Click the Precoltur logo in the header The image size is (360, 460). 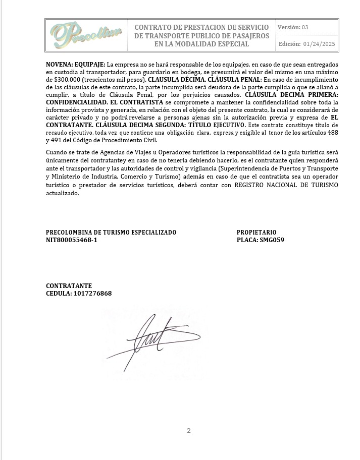click(x=86, y=35)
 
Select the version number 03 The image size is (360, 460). click(x=305, y=27)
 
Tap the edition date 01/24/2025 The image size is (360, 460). click(x=320, y=44)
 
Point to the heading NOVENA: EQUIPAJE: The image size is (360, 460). click(x=76, y=65)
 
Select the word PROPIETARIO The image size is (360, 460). click(x=257, y=233)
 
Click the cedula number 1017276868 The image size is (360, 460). click(x=92, y=294)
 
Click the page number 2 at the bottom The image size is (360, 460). click(x=189, y=430)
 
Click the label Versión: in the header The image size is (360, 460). click(x=289, y=27)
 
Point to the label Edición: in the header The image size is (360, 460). click(x=290, y=44)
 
